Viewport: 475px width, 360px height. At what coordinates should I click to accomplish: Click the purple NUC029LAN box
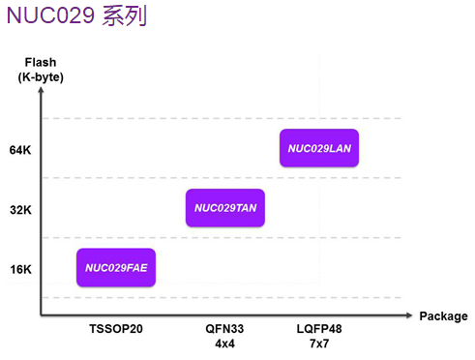[x=319, y=148]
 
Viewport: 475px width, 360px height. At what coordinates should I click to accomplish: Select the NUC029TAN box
[x=225, y=208]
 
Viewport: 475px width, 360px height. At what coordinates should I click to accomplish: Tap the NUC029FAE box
[x=116, y=267]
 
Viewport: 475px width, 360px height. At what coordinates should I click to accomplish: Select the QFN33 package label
[x=224, y=329]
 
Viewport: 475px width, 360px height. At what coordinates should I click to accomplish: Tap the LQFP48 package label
[x=319, y=329]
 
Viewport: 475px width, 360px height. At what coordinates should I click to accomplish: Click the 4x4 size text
[x=224, y=343]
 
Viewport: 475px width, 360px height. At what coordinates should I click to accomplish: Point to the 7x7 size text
[x=319, y=343]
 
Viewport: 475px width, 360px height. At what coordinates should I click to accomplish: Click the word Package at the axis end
[x=443, y=316]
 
